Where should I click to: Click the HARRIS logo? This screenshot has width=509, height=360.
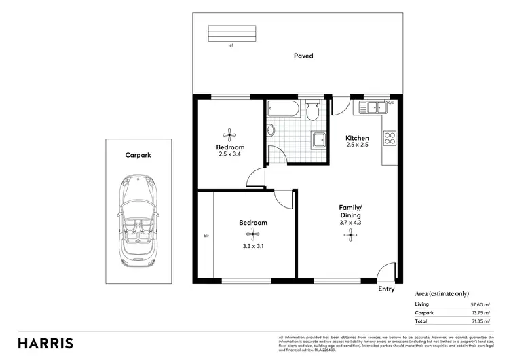46,343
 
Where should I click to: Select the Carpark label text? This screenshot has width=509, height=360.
138,156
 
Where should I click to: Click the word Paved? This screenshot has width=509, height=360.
303,56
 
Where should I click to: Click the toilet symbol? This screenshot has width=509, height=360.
313,110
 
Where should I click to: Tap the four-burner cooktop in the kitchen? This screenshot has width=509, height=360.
390,138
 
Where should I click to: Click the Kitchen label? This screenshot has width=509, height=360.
357,138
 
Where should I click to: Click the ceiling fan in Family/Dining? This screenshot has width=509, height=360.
351,235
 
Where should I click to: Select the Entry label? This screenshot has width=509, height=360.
386,289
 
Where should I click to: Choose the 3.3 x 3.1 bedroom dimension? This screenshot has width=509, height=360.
253,246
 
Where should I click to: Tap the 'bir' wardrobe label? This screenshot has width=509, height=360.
206,236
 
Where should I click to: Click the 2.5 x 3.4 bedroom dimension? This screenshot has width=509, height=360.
230,154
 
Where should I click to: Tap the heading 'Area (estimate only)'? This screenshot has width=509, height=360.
441,293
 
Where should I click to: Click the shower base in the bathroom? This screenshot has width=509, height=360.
319,140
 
